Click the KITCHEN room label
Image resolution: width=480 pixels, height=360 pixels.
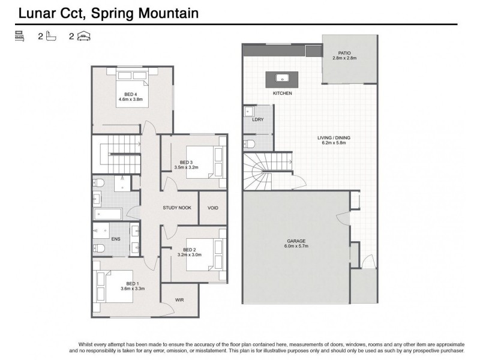point(282,94)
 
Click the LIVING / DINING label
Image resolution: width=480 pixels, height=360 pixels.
point(334,137)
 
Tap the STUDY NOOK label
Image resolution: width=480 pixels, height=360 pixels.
point(177,208)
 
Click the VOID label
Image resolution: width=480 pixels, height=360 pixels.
point(213,208)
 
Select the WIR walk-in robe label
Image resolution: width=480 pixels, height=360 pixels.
point(179,299)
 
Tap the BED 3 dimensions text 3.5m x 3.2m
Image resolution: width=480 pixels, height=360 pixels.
point(186,167)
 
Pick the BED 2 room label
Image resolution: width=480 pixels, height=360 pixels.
point(190,250)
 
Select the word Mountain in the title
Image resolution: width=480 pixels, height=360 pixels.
point(167,12)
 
